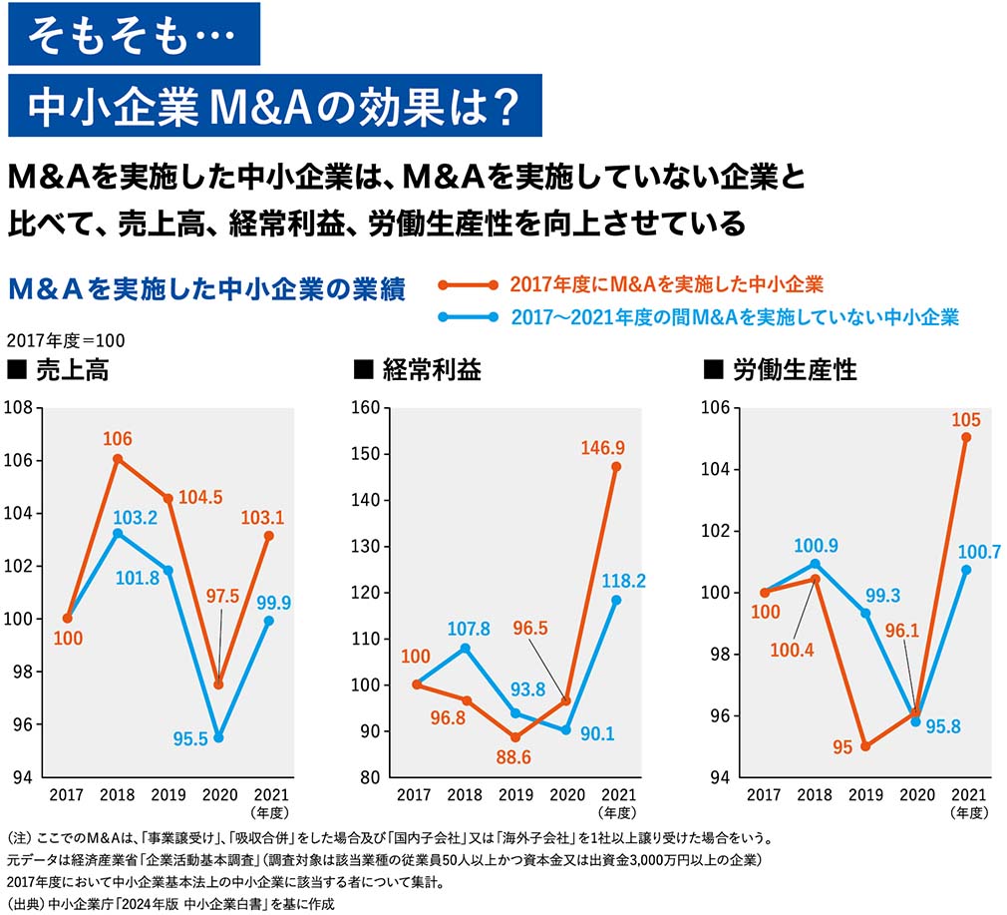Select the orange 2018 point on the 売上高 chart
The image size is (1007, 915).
click(x=118, y=459)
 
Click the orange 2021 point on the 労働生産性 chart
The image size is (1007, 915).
click(x=965, y=437)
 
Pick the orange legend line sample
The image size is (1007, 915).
click(x=468, y=285)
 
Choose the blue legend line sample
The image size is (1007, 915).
click(x=468, y=318)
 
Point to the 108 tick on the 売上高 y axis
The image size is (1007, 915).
click(x=19, y=407)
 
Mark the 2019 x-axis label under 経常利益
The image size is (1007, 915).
click(x=514, y=795)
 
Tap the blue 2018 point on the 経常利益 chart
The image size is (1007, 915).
click(x=465, y=648)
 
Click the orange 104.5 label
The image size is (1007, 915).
click(x=200, y=499)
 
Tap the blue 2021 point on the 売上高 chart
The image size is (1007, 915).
click(x=268, y=621)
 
